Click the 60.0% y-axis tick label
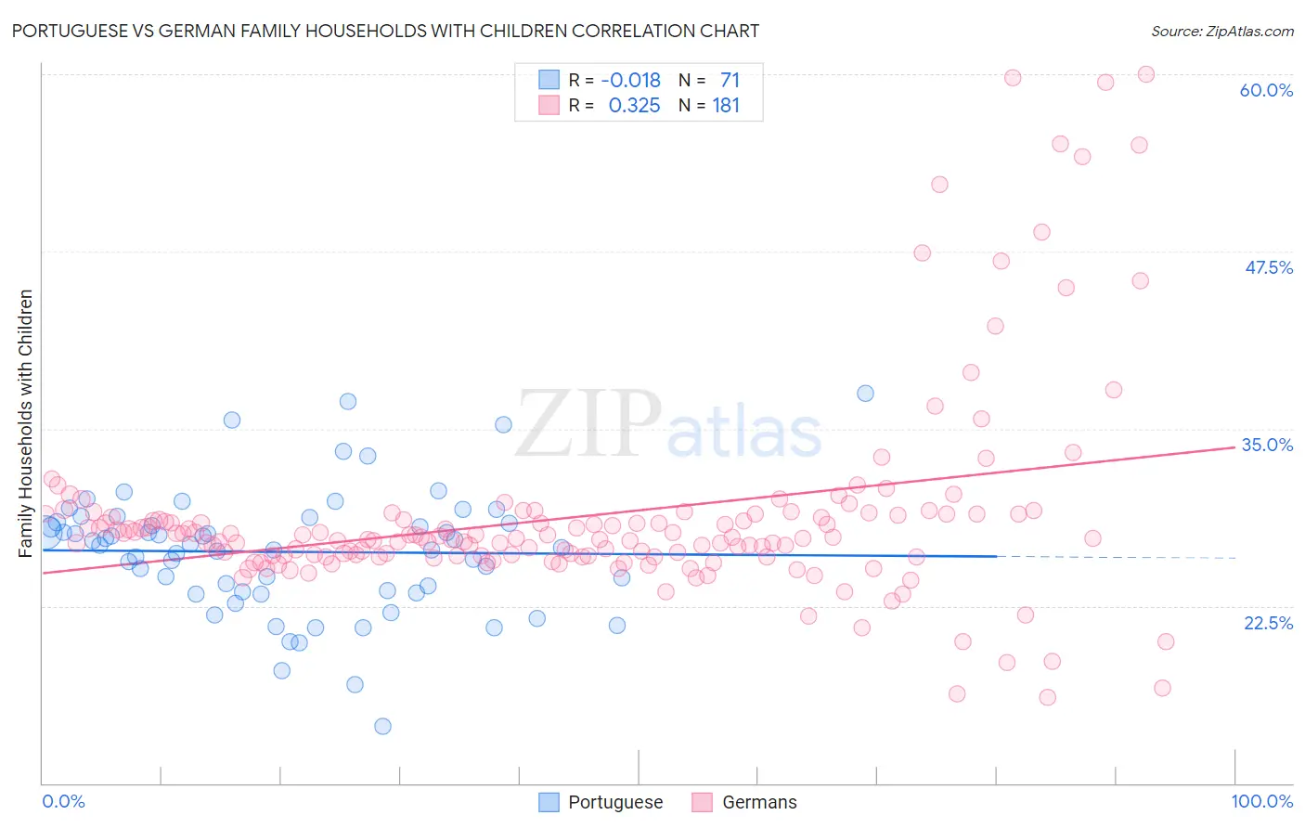click(1266, 90)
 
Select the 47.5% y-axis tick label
click(1268, 267)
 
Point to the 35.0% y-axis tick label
click(1267, 445)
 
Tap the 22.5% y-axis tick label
click(1268, 623)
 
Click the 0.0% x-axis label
click(63, 801)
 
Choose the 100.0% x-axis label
click(1262, 801)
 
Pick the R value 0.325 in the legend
click(634, 106)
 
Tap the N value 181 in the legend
click(726, 106)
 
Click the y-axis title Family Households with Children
click(25, 423)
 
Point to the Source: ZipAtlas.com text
click(1221, 32)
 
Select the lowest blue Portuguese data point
click(382, 726)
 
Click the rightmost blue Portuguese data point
click(865, 393)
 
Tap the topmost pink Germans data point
click(1145, 74)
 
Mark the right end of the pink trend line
click(1234, 447)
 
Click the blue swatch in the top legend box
click(549, 81)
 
